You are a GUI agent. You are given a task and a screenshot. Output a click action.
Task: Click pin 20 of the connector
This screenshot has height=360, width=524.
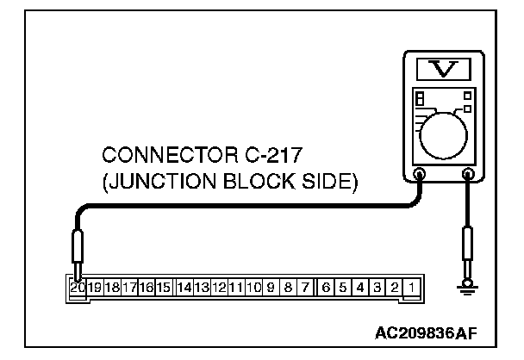[x=77, y=285]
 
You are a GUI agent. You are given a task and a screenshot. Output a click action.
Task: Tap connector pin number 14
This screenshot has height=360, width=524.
[x=184, y=285]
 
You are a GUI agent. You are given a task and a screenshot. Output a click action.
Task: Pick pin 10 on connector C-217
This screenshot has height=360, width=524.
[x=254, y=285]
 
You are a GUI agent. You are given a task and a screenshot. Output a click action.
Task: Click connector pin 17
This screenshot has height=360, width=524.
[x=129, y=285]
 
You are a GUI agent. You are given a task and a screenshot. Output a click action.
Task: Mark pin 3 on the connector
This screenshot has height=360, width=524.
[x=378, y=285]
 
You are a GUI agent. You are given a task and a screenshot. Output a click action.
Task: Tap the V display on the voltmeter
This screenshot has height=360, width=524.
[x=443, y=68]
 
